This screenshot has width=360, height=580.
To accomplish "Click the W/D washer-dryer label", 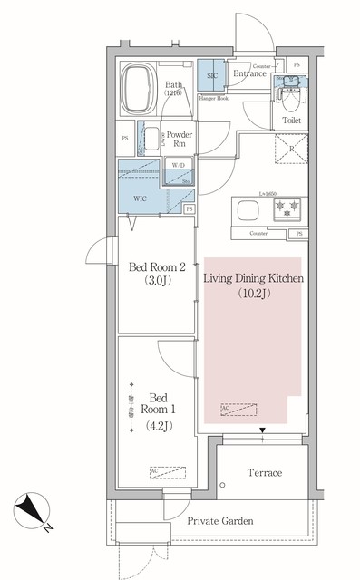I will click(x=179, y=166).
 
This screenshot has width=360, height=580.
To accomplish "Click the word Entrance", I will click(x=248, y=74).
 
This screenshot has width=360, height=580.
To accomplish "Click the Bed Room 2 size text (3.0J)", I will click(x=158, y=282).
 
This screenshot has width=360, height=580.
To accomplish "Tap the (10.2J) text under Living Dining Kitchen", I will click(x=252, y=294).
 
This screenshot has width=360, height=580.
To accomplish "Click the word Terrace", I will click(x=265, y=473).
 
